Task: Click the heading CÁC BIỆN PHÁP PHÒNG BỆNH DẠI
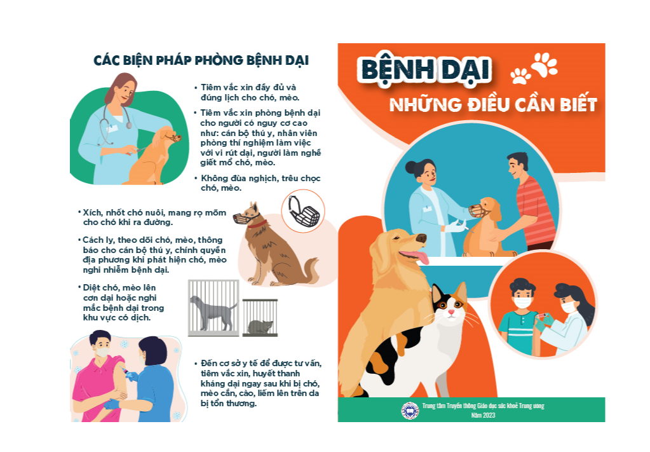(201, 60)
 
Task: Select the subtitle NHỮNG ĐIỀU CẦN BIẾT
(493, 104)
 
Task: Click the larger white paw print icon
(545, 64)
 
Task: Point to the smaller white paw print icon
(520, 76)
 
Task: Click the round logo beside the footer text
(410, 411)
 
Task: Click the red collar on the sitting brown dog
(257, 224)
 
